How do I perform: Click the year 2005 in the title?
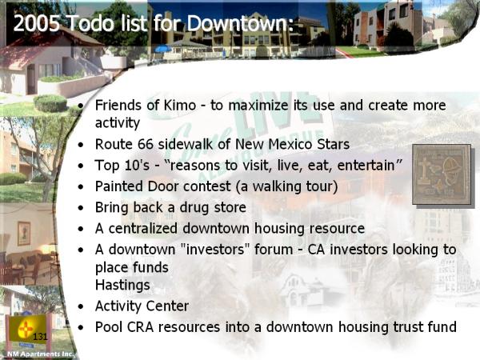coord(37,23)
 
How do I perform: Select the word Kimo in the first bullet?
coord(180,105)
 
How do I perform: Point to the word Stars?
coord(333,144)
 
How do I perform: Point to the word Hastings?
coord(122,286)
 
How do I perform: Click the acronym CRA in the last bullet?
coord(140,327)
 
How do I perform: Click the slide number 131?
coord(40,337)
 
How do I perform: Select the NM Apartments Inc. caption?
coord(41,354)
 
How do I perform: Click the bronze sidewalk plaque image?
coord(442,174)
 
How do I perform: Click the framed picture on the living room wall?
coord(23,234)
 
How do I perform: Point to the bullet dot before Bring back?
coord(81,208)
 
